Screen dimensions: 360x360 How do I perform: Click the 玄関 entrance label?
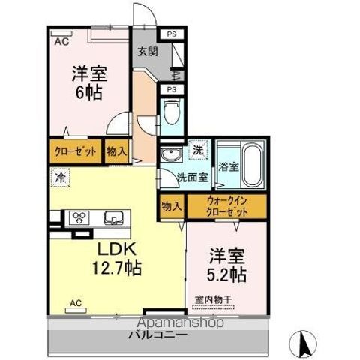point(147,52)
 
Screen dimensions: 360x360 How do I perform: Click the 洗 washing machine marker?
point(197,149)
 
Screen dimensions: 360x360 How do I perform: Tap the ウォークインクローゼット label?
point(226,207)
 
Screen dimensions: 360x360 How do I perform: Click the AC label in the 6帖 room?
point(61,43)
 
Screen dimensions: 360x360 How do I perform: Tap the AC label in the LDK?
point(75,302)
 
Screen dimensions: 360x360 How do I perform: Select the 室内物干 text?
point(214,300)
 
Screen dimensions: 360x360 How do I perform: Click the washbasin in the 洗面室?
point(169,156)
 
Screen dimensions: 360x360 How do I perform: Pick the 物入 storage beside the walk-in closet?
point(171,206)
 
